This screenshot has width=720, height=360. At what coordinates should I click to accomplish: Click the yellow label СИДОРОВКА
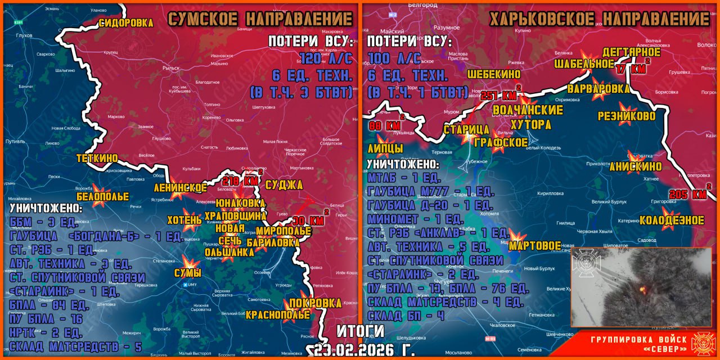(x=126, y=23)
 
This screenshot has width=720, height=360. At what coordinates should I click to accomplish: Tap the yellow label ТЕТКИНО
(x=97, y=159)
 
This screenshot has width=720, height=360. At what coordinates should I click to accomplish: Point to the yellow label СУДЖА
(x=284, y=185)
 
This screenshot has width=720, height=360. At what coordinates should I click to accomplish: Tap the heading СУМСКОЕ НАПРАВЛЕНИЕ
(x=260, y=19)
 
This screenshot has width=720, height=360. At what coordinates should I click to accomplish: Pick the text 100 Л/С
(x=394, y=58)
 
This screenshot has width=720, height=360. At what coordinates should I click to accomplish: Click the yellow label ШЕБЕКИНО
(x=493, y=74)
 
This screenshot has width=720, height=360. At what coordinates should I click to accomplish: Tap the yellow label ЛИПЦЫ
(x=385, y=148)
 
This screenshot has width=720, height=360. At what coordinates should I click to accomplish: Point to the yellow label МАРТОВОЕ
(x=535, y=246)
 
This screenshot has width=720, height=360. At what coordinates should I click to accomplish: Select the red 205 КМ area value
(x=690, y=195)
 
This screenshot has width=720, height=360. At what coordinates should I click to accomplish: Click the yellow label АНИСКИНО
(x=636, y=166)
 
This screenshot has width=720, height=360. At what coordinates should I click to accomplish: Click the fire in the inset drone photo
(x=642, y=289)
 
